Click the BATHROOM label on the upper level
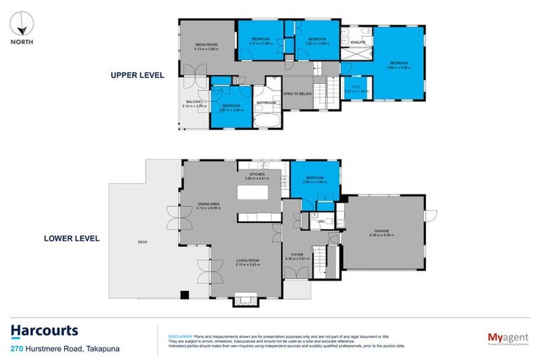(266, 103)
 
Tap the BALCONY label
(194, 103)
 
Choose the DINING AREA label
(209, 205)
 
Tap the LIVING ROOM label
(247, 262)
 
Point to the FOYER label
(294, 256)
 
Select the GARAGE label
(382, 230)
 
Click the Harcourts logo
(44, 331)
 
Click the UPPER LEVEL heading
(136, 75)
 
